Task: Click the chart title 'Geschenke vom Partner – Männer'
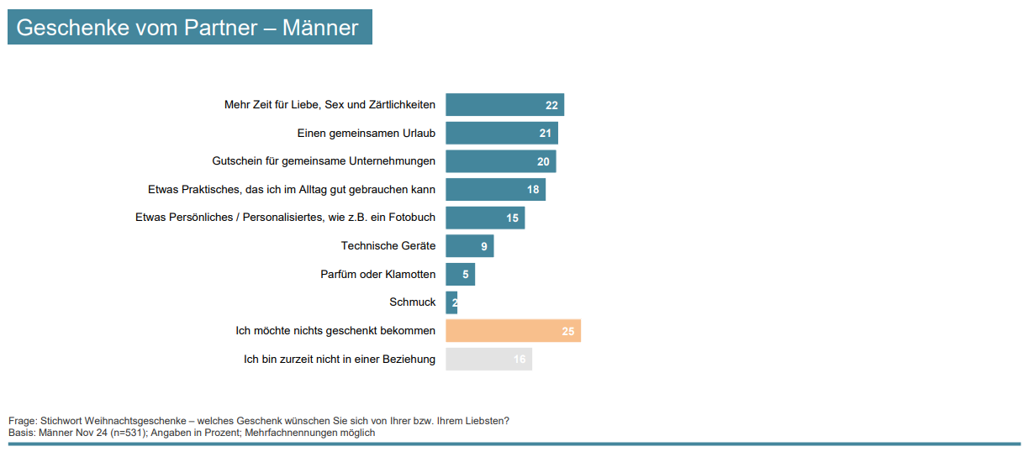click(187, 28)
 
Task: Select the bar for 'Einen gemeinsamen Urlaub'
click(501, 134)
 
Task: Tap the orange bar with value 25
click(513, 331)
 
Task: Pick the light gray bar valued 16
click(488, 360)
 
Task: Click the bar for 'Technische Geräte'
click(469, 246)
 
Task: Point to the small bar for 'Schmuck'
click(451, 302)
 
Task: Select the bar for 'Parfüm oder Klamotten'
click(460, 275)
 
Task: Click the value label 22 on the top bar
click(551, 105)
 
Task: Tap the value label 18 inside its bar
click(533, 190)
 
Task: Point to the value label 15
click(512, 218)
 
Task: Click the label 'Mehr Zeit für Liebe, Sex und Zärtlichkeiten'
click(330, 105)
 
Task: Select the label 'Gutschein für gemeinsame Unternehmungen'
click(323, 161)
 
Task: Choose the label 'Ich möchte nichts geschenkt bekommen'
click(335, 331)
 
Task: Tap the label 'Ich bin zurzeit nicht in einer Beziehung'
click(340, 360)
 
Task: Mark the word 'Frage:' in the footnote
click(23, 421)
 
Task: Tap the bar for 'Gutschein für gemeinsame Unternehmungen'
click(500, 161)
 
